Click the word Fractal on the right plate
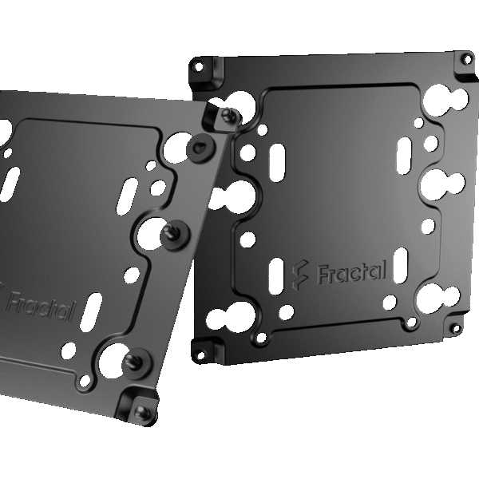(x=352, y=272)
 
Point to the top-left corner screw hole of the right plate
(x=198, y=62)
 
